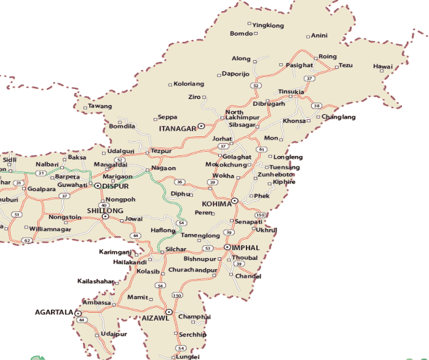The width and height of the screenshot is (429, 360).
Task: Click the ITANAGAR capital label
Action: tap(177, 129)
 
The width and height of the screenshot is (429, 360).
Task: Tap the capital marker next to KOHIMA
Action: tap(234, 201)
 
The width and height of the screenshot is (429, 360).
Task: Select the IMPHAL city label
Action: tap(246, 247)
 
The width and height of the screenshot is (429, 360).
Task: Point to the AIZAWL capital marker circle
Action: tap(168, 312)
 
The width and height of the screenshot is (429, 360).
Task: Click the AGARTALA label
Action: tap(53, 313)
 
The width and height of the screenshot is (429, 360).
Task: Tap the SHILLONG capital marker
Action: tap(105, 216)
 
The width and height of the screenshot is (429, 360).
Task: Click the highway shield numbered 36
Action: tap(179, 182)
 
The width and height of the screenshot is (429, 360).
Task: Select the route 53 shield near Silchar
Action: tap(208, 248)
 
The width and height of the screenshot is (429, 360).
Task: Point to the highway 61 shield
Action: tap(262, 149)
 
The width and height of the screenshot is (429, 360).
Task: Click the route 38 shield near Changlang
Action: tap(317, 106)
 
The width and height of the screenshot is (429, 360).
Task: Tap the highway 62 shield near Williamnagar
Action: tap(27, 240)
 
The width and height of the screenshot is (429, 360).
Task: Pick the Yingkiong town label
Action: tap(269, 25)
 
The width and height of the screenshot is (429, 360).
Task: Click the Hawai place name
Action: tap(382, 66)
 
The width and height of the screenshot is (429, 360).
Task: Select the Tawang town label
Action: tap(100, 106)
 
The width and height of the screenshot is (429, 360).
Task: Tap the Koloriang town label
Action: tap(189, 84)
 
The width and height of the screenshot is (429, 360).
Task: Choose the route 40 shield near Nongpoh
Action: tap(103, 205)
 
